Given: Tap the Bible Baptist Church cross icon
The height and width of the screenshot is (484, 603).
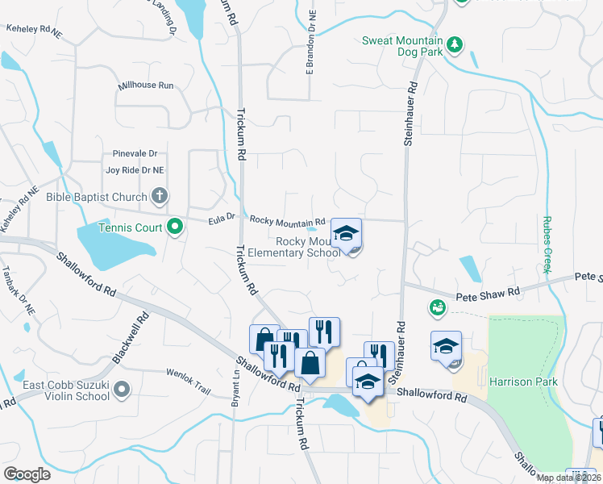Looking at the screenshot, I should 160,196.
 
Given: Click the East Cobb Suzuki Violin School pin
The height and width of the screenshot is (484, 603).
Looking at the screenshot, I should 122,390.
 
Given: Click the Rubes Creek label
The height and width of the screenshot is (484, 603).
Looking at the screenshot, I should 547,245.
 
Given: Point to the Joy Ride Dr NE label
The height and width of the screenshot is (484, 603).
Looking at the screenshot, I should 135,170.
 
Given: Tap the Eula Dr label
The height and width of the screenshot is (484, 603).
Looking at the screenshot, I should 220,216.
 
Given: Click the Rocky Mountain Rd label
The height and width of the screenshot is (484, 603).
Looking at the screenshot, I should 287,220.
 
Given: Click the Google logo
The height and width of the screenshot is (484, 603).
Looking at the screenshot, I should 27,474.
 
